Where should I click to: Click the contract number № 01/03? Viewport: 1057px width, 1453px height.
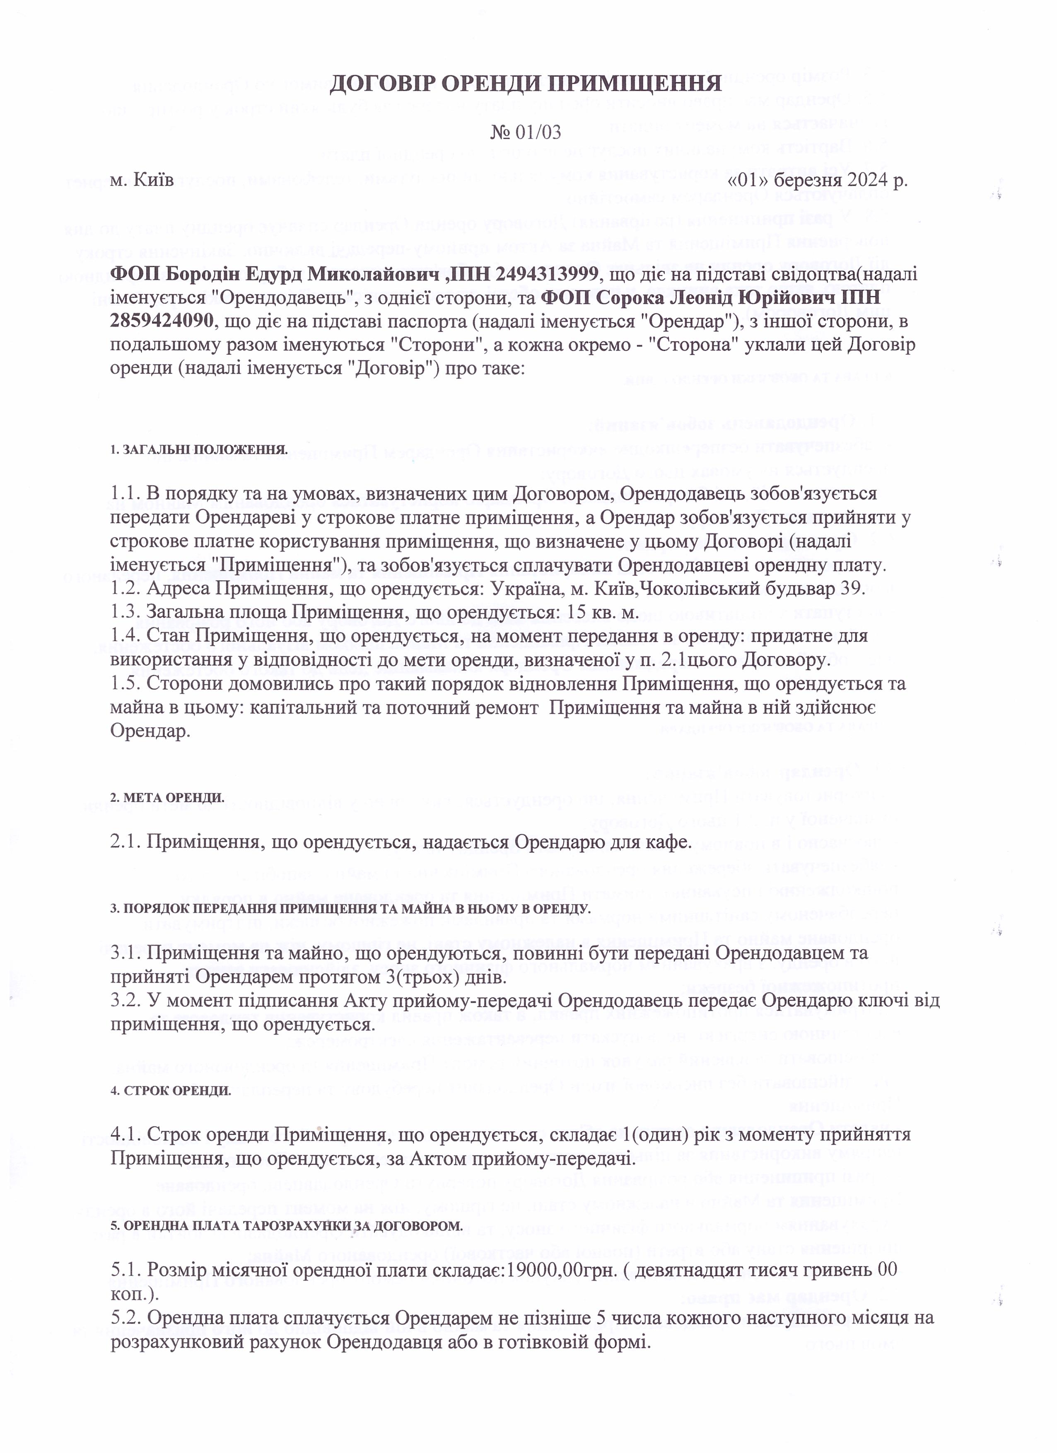coord(526,132)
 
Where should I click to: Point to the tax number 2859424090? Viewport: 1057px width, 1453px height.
coord(163,320)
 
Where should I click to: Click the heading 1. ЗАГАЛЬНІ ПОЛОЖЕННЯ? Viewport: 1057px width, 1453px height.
coord(199,450)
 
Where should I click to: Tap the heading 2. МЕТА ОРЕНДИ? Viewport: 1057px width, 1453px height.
coord(167,798)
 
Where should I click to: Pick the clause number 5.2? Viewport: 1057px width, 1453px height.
coord(124,1318)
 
